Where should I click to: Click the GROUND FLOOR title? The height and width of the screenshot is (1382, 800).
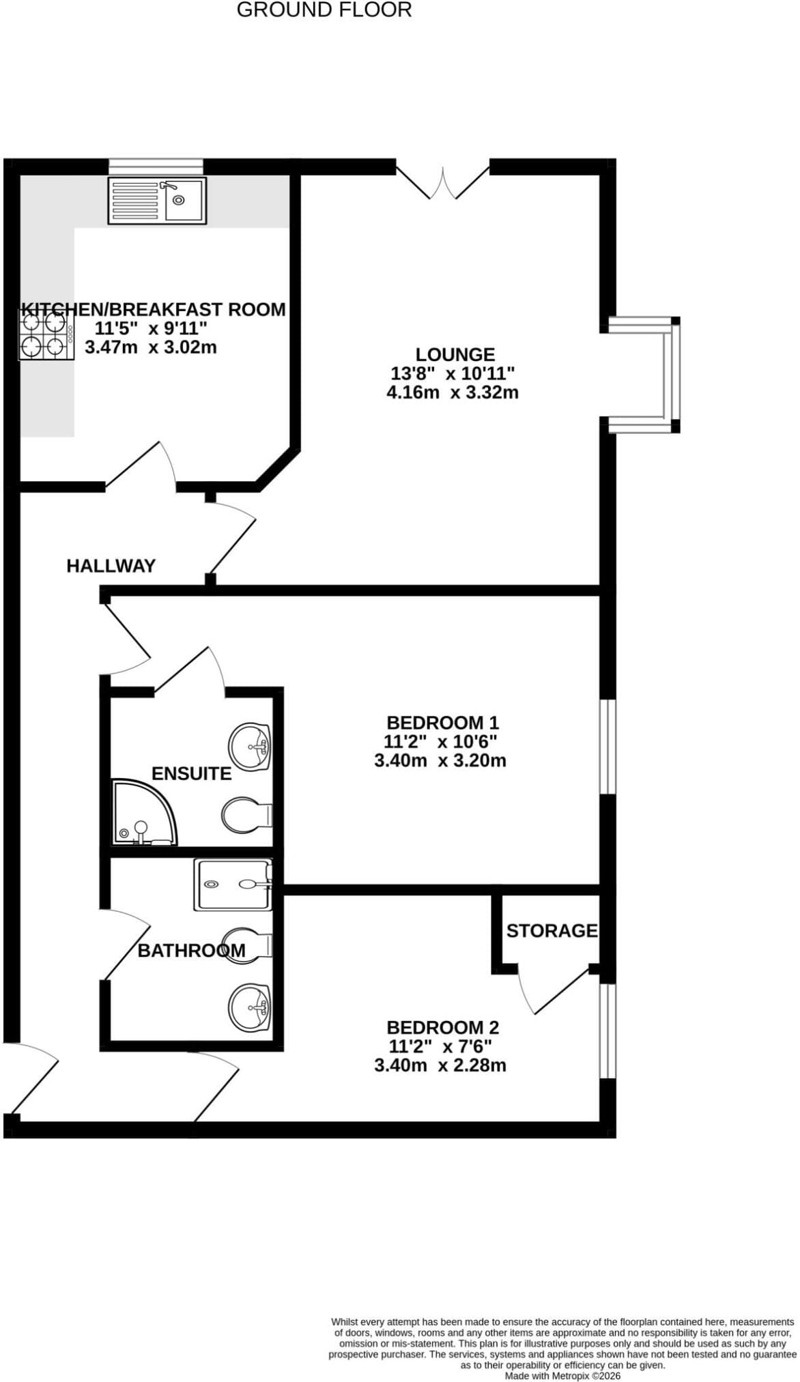coord(324,10)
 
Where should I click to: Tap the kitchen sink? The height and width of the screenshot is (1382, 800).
coord(157,201)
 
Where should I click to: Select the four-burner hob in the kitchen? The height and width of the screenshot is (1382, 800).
coord(46,334)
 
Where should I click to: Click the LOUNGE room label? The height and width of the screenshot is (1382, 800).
coord(455,355)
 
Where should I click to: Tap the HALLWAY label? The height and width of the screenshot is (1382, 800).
coord(111,566)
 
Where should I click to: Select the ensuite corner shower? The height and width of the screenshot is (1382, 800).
coord(145,813)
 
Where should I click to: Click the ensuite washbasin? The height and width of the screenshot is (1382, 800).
coord(251,746)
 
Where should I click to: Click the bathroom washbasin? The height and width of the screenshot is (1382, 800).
coord(251,1007)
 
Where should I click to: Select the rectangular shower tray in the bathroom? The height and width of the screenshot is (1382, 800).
coord(233,884)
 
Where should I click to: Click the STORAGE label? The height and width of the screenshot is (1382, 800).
coord(552,930)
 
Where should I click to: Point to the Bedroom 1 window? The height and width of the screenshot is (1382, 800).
coord(608,747)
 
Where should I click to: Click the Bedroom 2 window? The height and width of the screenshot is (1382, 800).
coord(608,1031)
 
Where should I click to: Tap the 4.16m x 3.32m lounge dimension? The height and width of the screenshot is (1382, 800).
coord(453,392)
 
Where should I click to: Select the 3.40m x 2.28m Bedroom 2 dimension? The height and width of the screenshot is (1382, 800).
coord(440,1065)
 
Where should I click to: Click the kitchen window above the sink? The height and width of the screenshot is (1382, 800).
coord(156,166)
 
